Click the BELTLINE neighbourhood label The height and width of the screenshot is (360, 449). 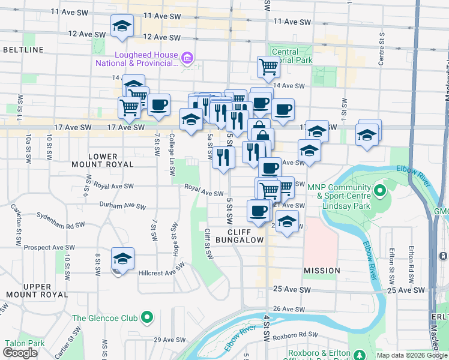click(23, 49)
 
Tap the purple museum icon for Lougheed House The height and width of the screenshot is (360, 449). click(187, 58)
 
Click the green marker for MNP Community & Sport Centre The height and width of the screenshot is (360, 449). click(379, 191)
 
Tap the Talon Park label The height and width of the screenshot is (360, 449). click(25, 343)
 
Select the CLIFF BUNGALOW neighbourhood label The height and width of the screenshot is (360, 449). click(246, 235)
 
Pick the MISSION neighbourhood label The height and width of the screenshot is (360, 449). click(322, 271)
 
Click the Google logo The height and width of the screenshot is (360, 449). click(20, 353)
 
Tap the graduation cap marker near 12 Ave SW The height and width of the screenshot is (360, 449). click(122, 26)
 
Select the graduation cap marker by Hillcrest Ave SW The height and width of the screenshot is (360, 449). click(122, 259)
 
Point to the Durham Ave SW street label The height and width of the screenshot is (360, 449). click(123, 206)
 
